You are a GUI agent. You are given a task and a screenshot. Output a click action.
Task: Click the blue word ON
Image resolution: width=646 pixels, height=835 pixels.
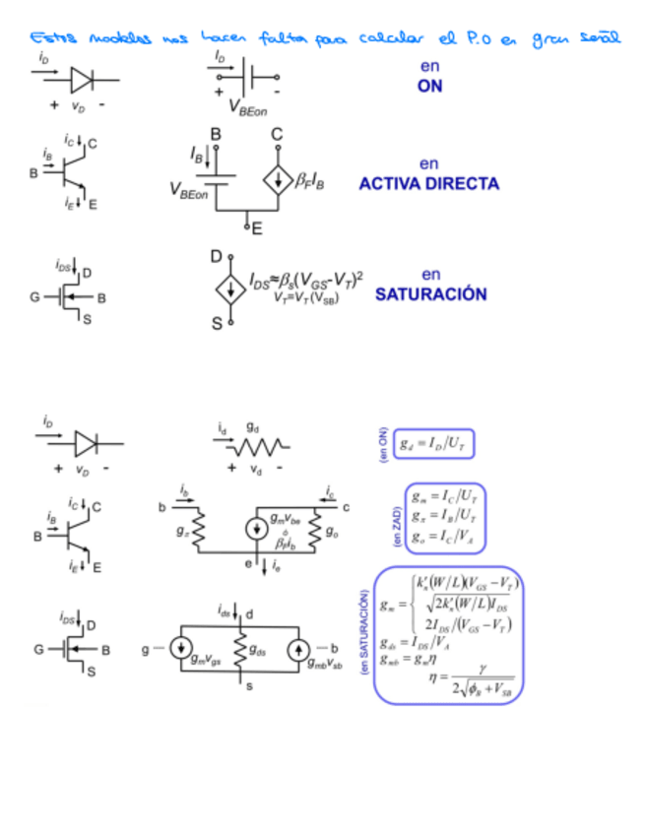click(428, 86)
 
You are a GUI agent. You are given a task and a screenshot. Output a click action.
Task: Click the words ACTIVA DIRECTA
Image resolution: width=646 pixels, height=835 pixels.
click(428, 184)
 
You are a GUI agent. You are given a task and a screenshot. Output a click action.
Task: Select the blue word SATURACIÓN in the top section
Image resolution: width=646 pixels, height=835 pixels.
click(430, 294)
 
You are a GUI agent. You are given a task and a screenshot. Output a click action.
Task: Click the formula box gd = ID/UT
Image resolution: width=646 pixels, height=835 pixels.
click(434, 446)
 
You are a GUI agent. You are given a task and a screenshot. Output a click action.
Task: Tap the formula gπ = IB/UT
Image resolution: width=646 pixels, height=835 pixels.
click(443, 515)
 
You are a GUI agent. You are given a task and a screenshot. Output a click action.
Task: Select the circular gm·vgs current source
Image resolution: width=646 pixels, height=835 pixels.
click(181, 649)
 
